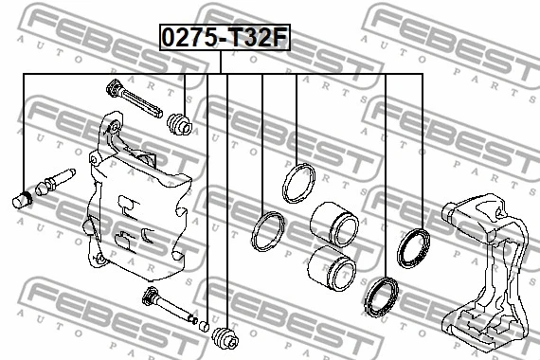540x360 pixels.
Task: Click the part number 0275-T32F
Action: [x=224, y=39]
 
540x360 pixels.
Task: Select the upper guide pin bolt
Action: [x=133, y=99]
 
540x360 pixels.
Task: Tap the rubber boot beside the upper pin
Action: [x=180, y=124]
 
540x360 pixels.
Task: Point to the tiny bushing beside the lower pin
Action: [x=203, y=327]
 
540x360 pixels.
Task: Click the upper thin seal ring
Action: [x=297, y=184]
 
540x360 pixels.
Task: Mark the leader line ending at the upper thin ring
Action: [x=297, y=118]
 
